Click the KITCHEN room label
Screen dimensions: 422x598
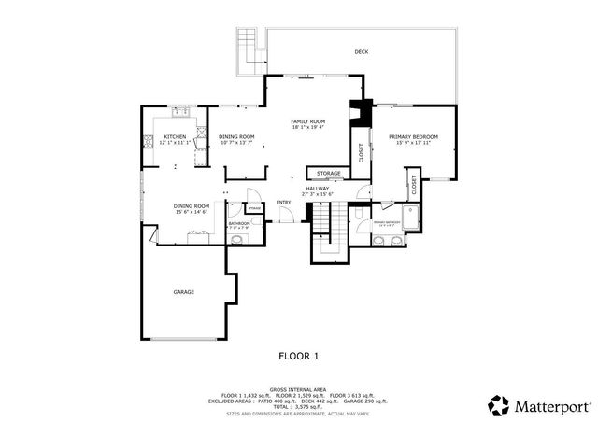click(175, 137)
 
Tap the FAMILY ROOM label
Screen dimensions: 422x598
click(307, 122)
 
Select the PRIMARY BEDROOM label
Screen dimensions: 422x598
click(413, 137)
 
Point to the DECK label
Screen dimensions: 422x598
click(361, 52)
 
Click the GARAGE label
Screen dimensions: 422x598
click(183, 292)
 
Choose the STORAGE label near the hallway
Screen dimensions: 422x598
click(328, 174)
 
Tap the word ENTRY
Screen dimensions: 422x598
click(283, 203)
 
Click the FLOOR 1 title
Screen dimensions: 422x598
click(299, 356)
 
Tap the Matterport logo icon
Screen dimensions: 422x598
click(499, 405)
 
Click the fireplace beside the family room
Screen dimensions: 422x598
click(359, 111)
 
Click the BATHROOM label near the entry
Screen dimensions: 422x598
click(238, 223)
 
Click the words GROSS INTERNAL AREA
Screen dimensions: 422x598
click(298, 388)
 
